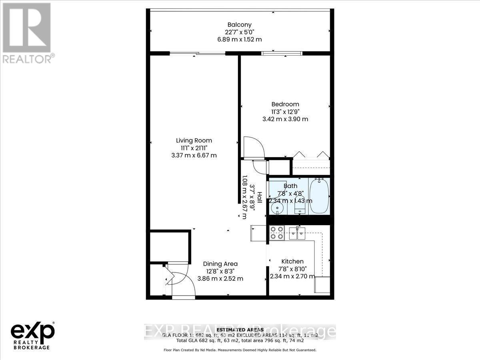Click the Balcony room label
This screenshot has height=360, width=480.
click(240, 25)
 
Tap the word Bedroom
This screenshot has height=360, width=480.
click(286, 104)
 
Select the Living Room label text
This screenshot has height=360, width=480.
click(194, 140)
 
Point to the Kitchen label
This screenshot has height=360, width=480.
click(292, 261)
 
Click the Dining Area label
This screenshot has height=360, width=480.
click(220, 264)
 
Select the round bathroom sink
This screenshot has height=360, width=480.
click(276, 208)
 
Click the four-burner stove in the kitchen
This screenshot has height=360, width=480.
click(277, 232)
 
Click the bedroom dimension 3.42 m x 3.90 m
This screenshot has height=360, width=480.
click(285, 119)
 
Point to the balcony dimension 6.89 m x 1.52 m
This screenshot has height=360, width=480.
click(240, 39)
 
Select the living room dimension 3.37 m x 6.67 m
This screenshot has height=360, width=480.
click(194, 155)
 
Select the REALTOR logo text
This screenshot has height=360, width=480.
click(28, 58)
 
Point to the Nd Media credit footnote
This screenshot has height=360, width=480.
click(240, 350)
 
